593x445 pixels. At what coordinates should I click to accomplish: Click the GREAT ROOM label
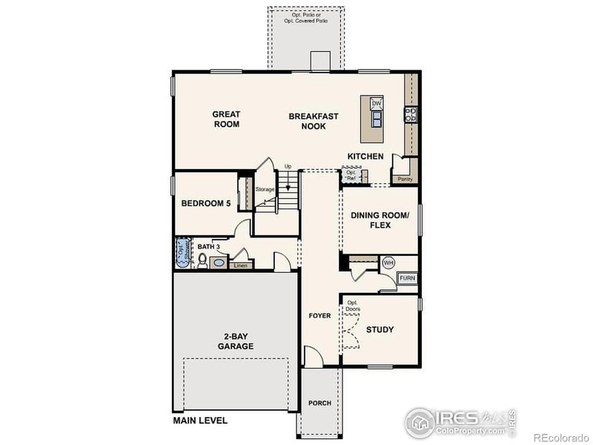[x=226, y=119]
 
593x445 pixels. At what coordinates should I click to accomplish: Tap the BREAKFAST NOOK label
[x=314, y=121]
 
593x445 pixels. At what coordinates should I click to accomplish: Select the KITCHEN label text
[x=365, y=156]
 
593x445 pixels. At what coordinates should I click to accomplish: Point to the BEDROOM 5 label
[x=206, y=203]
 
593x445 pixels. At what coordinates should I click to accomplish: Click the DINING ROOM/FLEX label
[x=380, y=220]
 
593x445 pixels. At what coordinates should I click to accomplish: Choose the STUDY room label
[x=380, y=329]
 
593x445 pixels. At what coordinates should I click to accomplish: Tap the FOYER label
[x=319, y=316]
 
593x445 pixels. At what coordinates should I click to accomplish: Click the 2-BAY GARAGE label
[x=236, y=341]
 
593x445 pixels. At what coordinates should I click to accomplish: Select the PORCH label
[x=319, y=403]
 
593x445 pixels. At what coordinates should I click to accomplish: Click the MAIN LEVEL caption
[x=200, y=421]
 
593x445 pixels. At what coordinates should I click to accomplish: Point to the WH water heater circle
[x=388, y=263]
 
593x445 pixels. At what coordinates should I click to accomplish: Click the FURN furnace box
[x=407, y=278]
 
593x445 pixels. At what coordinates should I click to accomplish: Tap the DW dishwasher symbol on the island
[x=376, y=103]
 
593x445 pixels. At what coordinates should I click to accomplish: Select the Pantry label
[x=405, y=179]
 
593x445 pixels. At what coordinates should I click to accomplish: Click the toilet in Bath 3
[x=202, y=260]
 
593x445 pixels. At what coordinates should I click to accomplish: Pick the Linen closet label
[x=239, y=265]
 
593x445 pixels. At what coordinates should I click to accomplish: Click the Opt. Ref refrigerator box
[x=351, y=176]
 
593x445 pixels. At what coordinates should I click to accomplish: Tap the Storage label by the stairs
[x=265, y=190]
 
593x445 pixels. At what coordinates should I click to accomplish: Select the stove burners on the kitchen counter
[x=410, y=114]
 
